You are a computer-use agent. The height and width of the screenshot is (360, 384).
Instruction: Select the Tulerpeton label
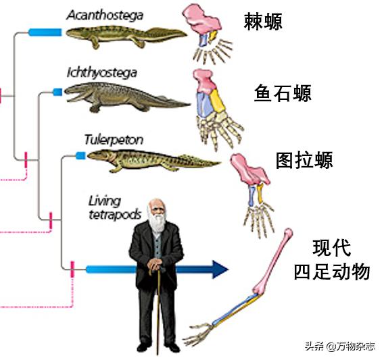(x=114, y=140)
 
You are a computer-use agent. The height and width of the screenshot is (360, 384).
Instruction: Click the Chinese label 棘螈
(x=263, y=23)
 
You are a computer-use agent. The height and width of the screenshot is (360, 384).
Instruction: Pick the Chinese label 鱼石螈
(x=283, y=93)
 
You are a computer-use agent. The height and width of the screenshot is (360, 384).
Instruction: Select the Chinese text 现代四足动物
(x=331, y=259)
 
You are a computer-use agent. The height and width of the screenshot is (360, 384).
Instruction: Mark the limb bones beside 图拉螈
(x=252, y=188)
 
